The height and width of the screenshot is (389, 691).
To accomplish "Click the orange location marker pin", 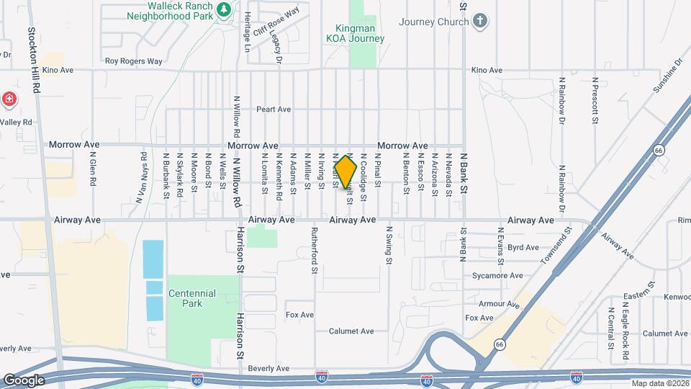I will tap(345, 172).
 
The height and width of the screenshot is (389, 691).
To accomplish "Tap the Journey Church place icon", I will tap(482, 21).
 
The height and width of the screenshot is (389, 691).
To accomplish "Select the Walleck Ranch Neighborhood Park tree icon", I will tap(224, 9).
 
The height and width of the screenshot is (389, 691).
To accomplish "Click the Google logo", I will tap(23, 380).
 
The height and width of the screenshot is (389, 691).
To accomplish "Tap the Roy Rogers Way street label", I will tap(133, 61).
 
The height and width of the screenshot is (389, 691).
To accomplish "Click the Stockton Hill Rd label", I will tap(32, 61).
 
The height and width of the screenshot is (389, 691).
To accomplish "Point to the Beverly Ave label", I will tap(268, 369).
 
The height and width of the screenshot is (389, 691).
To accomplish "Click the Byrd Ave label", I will tap(523, 248).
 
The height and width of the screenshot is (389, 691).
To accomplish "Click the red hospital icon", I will tap(9, 99).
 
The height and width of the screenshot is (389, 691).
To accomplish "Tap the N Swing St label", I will tap(389, 246).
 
